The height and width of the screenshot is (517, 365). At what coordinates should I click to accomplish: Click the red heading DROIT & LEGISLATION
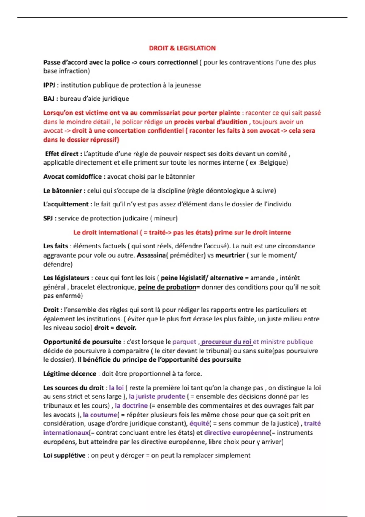pyautogui.click(x=182, y=48)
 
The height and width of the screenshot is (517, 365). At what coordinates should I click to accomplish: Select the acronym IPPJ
pyautogui.click(x=49, y=85)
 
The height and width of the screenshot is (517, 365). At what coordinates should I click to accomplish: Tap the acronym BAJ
pyautogui.click(x=49, y=99)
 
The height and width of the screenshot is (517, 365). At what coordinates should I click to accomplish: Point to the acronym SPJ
pyautogui.click(x=48, y=218)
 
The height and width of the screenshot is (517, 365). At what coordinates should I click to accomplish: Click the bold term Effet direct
pyautogui.click(x=62, y=154)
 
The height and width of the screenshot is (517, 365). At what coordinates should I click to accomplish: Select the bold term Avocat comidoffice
pyautogui.click(x=73, y=177)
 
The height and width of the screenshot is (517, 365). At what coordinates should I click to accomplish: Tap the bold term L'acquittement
pyautogui.click(x=66, y=204)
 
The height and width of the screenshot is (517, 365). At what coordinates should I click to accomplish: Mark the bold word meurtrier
pyautogui.click(x=230, y=255)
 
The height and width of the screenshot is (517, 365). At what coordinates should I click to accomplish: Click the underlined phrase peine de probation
pyautogui.click(x=167, y=287)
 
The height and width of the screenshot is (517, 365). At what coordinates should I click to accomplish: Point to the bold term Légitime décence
pyautogui.click(x=70, y=374)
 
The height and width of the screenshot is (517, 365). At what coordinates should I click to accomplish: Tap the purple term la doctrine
pyautogui.click(x=131, y=406)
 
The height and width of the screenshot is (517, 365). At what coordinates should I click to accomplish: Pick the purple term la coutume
pyautogui.click(x=100, y=415)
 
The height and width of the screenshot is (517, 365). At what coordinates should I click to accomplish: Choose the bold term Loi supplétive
pyautogui.click(x=64, y=456)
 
